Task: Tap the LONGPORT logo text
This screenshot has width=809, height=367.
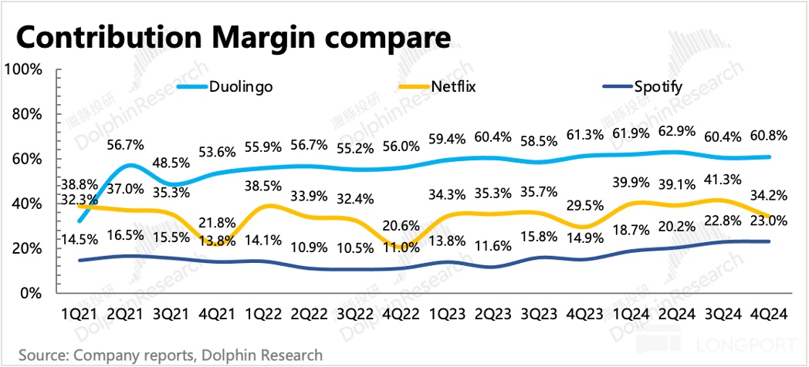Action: coord(745,345)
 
